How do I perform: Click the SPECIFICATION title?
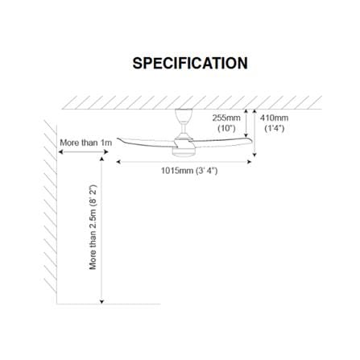pos(190,64)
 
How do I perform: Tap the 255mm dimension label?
pos(226,118)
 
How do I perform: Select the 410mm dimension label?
pos(274,118)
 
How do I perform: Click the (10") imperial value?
pos(226,128)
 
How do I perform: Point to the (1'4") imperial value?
pos(274,128)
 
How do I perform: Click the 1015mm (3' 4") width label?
pos(189,171)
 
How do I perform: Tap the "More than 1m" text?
pos(85,143)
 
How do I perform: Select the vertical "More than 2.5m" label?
pos(93,227)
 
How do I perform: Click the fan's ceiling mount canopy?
pos(184,115)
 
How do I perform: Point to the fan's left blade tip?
pos(118,139)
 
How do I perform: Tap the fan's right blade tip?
pos(251,140)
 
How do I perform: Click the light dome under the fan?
pos(184,152)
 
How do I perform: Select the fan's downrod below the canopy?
pos(184,128)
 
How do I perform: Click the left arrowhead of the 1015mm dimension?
pos(118,162)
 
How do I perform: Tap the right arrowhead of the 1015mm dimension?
pos(250,162)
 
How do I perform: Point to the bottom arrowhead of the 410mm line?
pos(254,155)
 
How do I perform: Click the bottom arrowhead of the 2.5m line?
pos(101,302)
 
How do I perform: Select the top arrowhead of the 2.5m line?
pos(101,159)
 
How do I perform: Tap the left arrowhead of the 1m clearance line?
pos(60,152)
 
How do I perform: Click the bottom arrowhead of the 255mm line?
pos(246,135)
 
